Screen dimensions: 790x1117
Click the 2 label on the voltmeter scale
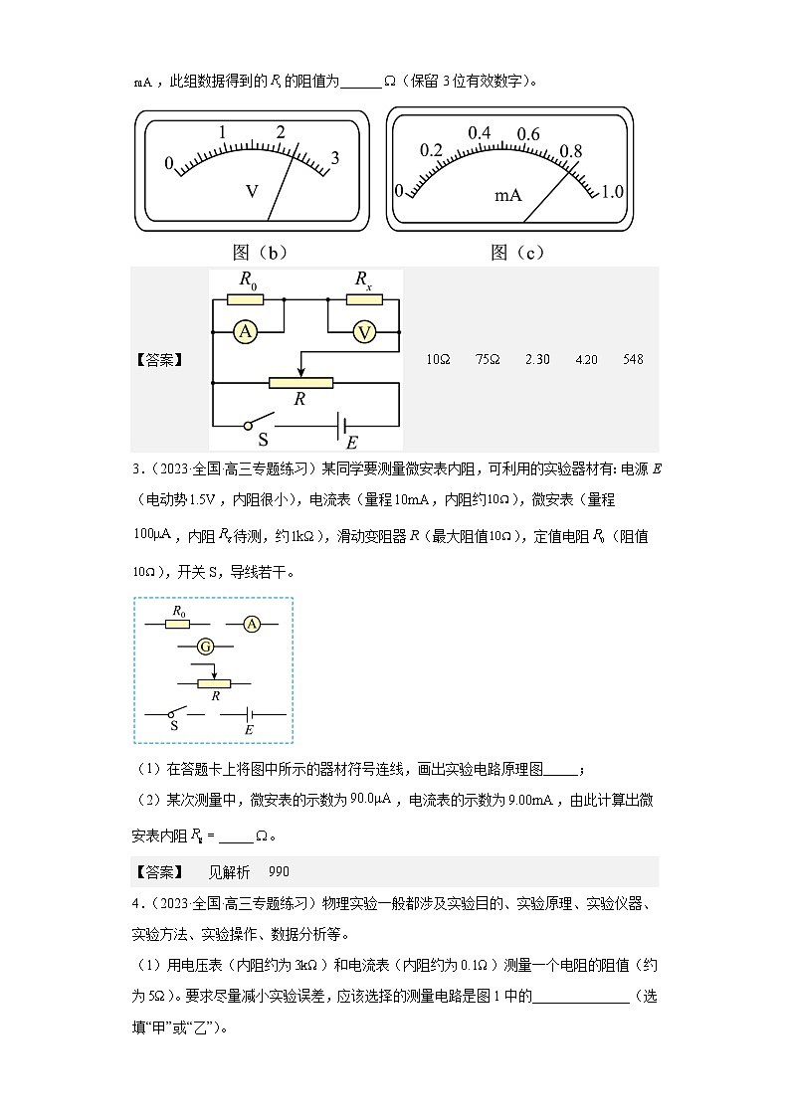282,132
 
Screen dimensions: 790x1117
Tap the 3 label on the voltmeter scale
335,157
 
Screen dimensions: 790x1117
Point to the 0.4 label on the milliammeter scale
480,133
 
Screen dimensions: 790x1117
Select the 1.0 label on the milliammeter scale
612,191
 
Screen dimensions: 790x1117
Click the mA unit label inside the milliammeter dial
508,195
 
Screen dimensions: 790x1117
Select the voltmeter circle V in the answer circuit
365,333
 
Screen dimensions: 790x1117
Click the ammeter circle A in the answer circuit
245,333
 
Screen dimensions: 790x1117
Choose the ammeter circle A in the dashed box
251,624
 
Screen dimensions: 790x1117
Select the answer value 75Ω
488,359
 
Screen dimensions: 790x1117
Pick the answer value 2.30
537,359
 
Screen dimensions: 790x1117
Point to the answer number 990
279,872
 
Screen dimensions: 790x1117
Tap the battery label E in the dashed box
249,730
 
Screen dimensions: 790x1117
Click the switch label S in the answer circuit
264,438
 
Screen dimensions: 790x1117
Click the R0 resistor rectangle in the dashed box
178,625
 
